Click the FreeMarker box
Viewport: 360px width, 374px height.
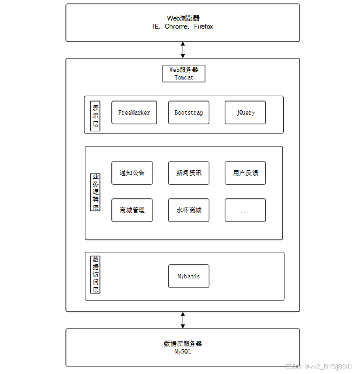(x=134, y=112)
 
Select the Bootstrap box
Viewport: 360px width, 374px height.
(x=189, y=112)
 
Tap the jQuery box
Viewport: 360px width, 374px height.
(x=245, y=112)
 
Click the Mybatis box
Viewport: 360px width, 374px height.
(x=189, y=276)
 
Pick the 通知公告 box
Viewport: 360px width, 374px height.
(x=132, y=173)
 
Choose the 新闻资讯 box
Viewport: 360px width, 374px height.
(x=189, y=173)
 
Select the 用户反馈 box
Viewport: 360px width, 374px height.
(x=245, y=173)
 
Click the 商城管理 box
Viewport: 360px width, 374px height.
(x=132, y=210)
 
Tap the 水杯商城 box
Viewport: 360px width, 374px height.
(x=189, y=210)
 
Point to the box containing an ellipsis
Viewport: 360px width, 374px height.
(x=245, y=210)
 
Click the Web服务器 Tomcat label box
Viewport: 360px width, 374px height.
(x=184, y=74)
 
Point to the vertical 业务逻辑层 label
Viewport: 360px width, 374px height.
(x=96, y=192)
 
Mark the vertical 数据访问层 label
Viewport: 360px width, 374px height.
(x=96, y=274)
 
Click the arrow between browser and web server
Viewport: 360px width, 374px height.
(x=183, y=50)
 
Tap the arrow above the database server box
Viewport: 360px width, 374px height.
(x=183, y=320)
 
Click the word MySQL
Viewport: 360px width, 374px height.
(x=183, y=352)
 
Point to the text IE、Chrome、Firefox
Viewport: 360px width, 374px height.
(x=183, y=26)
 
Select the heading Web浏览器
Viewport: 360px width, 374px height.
(x=183, y=18)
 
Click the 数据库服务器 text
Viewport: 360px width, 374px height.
(x=183, y=344)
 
